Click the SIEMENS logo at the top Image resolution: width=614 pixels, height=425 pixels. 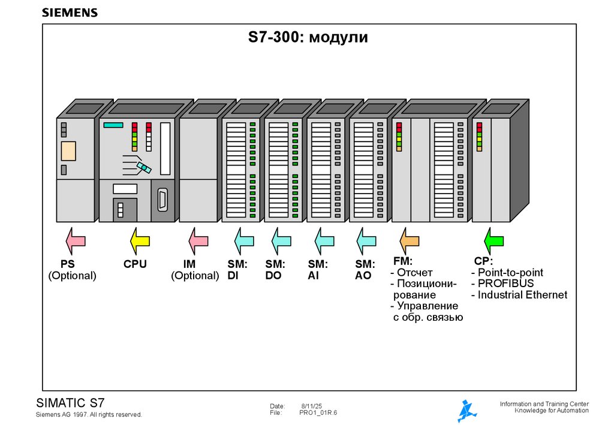pos(70,13)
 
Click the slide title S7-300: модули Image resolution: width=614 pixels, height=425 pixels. pos(308,38)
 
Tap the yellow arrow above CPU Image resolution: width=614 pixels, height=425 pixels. pos(140,241)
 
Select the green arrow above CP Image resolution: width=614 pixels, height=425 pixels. pos(493,241)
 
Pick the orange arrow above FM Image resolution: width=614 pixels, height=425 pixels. pos(410,241)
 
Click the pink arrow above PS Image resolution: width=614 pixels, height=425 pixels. pos(75,241)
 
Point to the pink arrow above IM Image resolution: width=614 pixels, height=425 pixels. pos(198,241)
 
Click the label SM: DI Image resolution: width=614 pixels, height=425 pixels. pos(237,270)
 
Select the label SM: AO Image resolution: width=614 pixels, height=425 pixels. pos(365,270)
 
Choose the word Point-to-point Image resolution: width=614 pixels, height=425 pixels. pos(510,273)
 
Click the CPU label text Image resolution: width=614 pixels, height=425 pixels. pos(135,264)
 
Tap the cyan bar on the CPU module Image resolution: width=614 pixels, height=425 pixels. pos(113,125)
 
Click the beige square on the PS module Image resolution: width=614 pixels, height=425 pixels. pos(68,151)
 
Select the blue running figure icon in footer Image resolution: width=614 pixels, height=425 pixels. pos(466,411)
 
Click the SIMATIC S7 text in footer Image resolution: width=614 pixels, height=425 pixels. pos(71,403)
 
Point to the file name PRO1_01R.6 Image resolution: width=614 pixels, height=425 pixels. pos(318,413)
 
